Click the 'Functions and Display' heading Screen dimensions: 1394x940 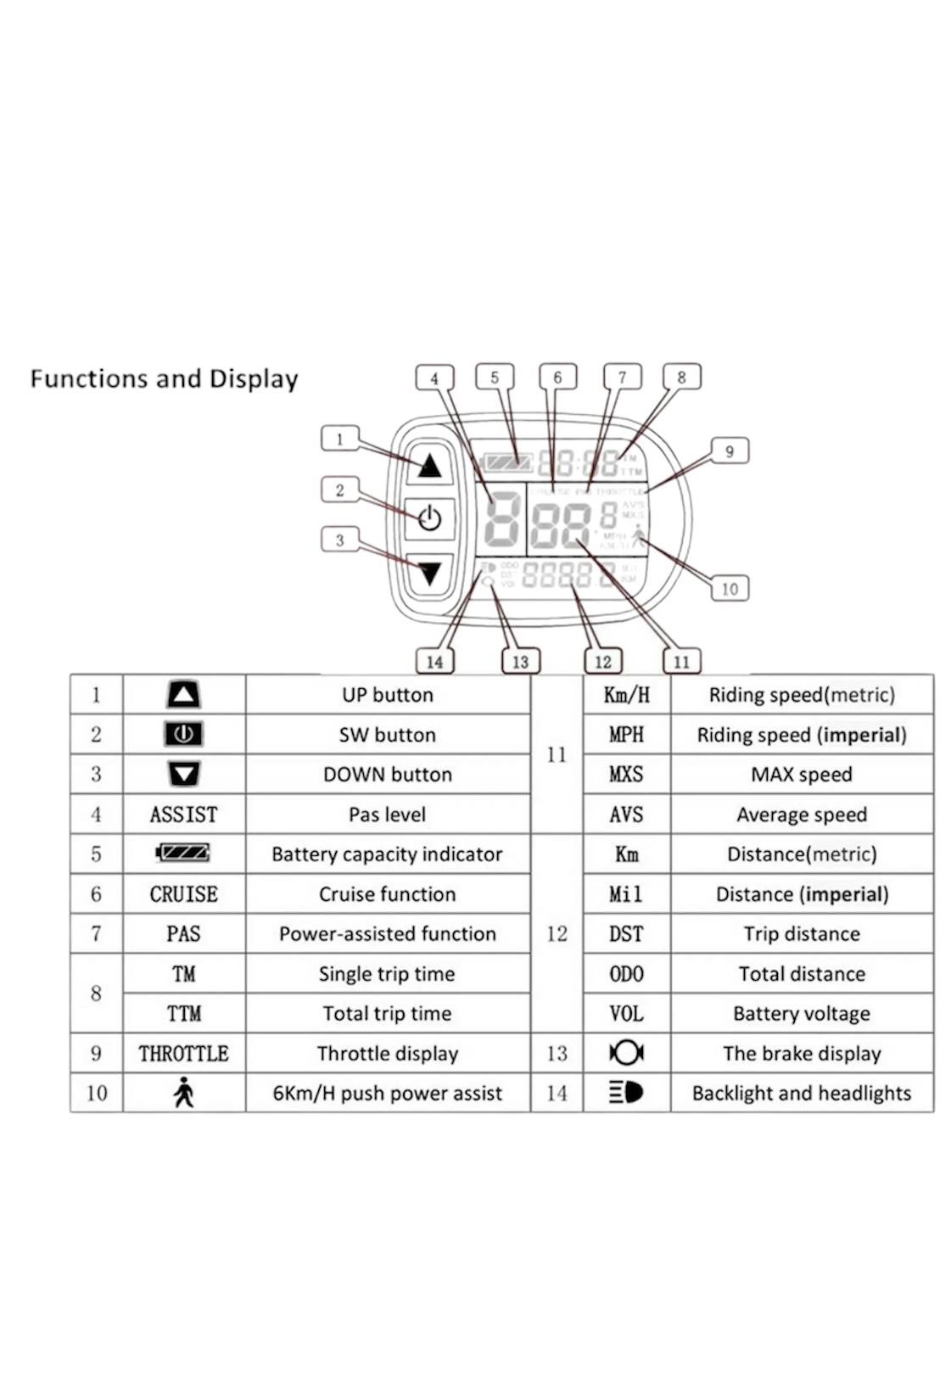tap(164, 378)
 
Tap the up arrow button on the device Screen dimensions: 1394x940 tap(429, 465)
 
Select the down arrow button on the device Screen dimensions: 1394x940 tap(429, 574)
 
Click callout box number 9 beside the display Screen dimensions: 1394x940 tap(729, 451)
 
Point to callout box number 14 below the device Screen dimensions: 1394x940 tap(434, 661)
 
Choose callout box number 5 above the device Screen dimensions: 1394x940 tap(495, 378)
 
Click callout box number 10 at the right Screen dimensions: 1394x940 tap(730, 588)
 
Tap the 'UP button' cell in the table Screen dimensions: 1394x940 tap(388, 695)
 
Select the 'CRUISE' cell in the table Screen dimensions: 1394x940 tap(183, 894)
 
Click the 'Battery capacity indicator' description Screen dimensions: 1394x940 tap(387, 854)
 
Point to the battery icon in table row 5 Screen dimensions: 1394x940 tap(183, 853)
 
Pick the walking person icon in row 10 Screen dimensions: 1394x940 tap(183, 1093)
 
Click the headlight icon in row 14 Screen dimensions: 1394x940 tap(626, 1093)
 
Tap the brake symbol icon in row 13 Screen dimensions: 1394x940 tap(626, 1053)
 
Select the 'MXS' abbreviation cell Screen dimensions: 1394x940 tap(626, 775)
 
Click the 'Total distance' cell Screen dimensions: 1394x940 tap(802, 974)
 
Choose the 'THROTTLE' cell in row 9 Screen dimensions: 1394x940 tap(183, 1054)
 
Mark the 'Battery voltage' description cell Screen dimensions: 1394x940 tap(802, 1014)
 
